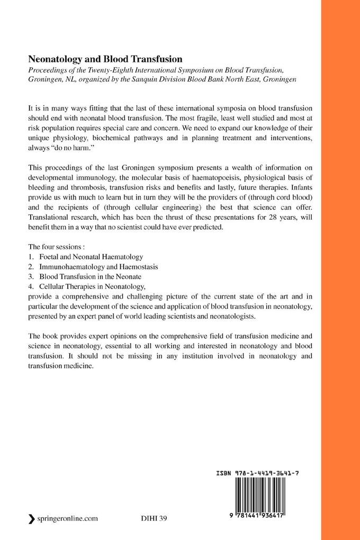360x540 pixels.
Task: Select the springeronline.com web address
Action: tap(67, 519)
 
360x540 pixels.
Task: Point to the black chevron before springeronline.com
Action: tap(32, 519)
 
